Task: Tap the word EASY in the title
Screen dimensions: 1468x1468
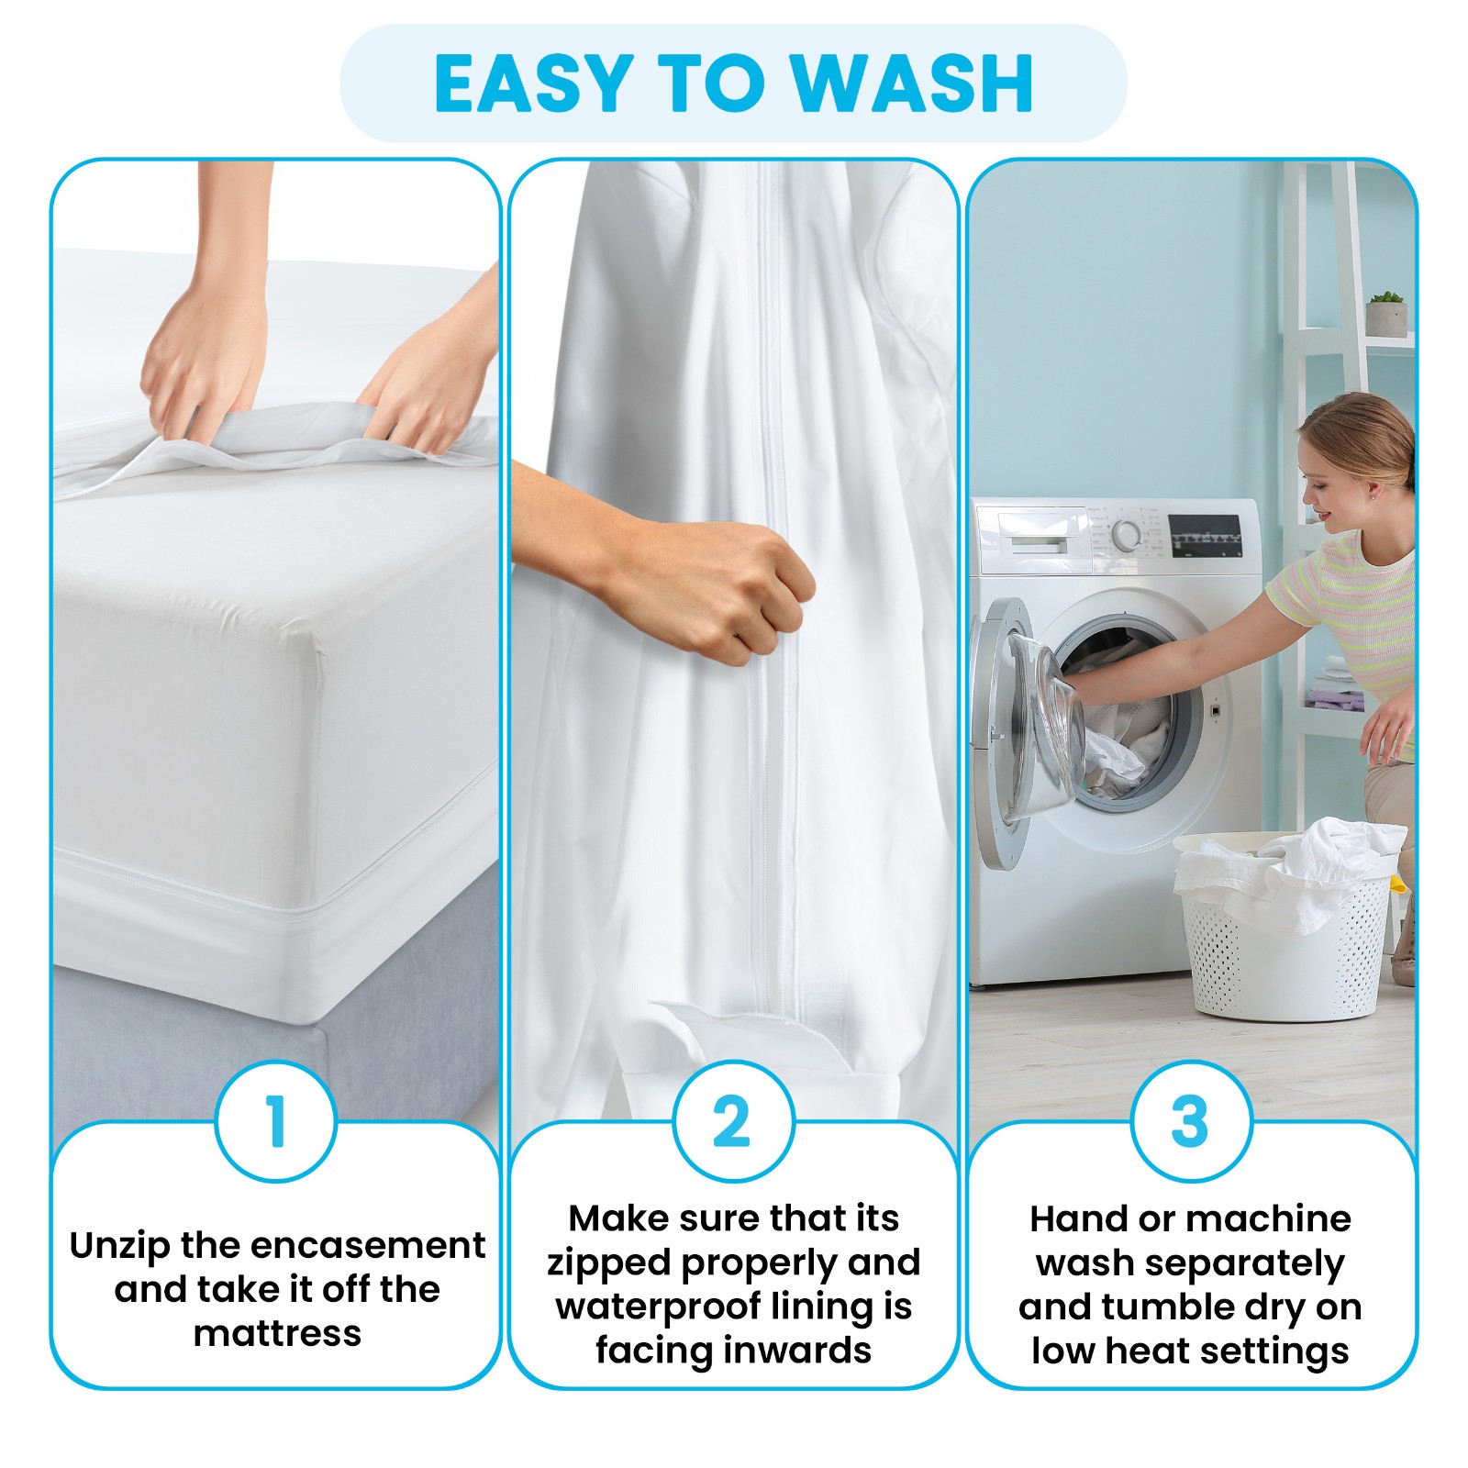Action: point(535,83)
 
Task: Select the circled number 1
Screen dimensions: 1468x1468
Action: point(276,1121)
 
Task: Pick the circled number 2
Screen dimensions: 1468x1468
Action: point(733,1121)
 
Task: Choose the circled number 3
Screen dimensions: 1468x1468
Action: point(1191,1121)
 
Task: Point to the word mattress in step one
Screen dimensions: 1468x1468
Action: point(277,1333)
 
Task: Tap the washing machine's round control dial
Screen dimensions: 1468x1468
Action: point(1127,535)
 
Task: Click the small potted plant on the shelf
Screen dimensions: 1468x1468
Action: point(1385,314)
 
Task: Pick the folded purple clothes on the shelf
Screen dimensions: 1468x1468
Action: point(1335,699)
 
